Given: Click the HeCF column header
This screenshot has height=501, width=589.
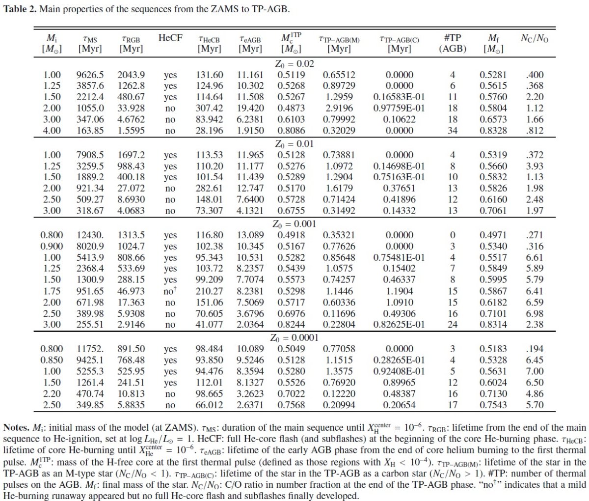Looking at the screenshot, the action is pyautogui.click(x=170, y=38).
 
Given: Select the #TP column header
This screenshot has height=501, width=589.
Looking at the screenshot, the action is pyautogui.click(x=453, y=38).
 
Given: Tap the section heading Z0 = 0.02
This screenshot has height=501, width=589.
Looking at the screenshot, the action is pyautogui.click(x=294, y=63).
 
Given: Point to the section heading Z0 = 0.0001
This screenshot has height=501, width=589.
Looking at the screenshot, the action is pyautogui.click(x=294, y=338).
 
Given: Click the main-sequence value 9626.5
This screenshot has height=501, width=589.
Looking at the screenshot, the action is pyautogui.click(x=90, y=75).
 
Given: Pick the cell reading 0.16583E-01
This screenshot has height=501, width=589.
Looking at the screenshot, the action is pyautogui.click(x=399, y=97).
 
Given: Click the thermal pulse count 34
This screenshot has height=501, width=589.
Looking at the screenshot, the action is pyautogui.click(x=453, y=131).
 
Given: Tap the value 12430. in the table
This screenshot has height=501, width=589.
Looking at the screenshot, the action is pyautogui.click(x=90, y=235).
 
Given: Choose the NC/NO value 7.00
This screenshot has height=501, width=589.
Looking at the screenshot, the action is pyautogui.click(x=535, y=371).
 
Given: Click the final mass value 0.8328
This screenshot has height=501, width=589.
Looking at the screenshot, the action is pyautogui.click(x=493, y=131).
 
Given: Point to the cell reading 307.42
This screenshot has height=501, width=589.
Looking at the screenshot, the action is pyautogui.click(x=210, y=109).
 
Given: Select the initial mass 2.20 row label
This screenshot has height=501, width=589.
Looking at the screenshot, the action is pyautogui.click(x=52, y=394).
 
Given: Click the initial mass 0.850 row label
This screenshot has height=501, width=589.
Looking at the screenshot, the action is pyautogui.click(x=52, y=360).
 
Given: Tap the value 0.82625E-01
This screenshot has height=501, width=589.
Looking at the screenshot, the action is pyautogui.click(x=399, y=325).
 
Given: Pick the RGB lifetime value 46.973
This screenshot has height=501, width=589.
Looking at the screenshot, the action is pyautogui.click(x=131, y=291).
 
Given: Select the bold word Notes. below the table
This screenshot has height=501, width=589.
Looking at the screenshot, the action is pyautogui.click(x=16, y=428).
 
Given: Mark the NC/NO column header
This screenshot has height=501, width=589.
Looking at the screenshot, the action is pyautogui.click(x=535, y=38).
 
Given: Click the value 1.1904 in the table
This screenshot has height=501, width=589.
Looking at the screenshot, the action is pyautogui.click(x=399, y=291).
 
